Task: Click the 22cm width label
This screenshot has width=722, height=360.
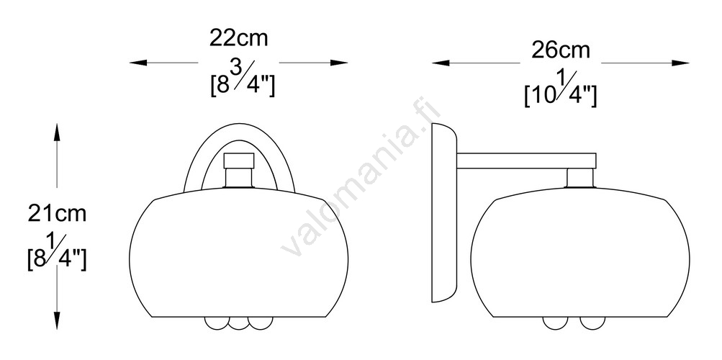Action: (238, 38)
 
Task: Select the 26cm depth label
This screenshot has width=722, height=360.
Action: (560, 50)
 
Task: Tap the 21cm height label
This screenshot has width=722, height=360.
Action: (57, 214)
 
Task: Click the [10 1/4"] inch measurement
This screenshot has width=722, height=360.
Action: (561, 91)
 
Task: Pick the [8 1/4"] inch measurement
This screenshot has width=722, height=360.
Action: (57, 253)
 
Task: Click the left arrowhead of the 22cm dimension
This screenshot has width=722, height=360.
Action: (138, 63)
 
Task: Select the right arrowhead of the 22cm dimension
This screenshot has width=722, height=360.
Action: (339, 63)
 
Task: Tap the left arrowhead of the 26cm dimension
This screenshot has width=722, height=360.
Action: (441, 63)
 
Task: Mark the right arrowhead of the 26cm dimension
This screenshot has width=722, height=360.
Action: (680, 63)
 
